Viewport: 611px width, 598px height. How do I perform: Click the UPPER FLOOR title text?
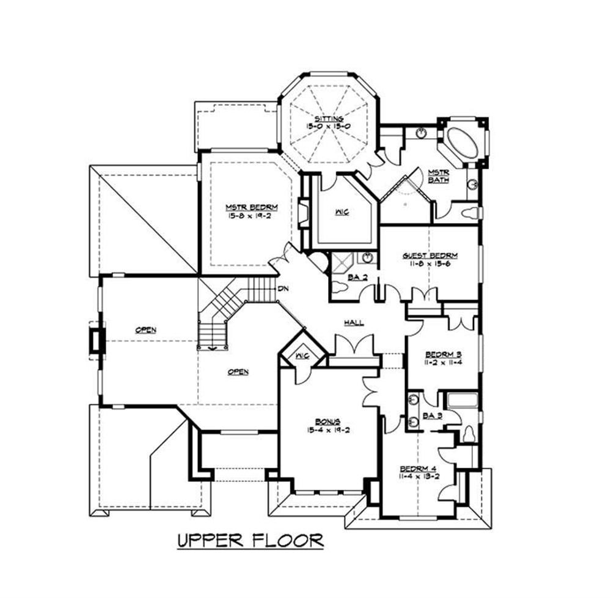250,541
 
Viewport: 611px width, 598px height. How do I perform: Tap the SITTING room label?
329,118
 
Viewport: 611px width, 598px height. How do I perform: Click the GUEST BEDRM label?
430,256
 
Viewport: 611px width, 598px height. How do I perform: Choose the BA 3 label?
432,416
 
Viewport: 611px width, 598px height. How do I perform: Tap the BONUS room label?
327,421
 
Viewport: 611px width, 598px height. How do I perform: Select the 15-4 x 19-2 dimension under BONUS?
327,429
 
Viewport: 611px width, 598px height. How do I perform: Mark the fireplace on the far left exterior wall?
95,338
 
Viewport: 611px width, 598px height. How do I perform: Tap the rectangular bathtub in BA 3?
463,402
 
